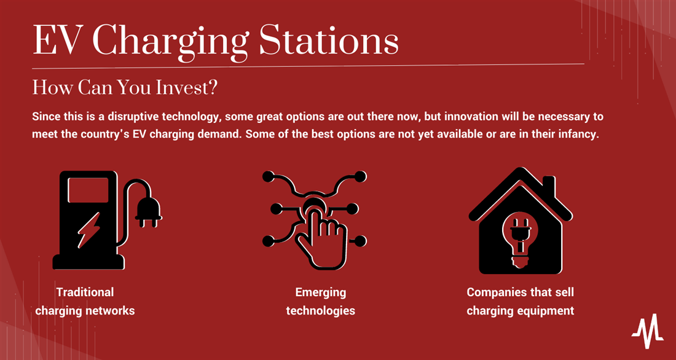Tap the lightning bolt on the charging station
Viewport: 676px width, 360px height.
point(89,230)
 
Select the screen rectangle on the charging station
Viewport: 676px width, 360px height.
point(88,190)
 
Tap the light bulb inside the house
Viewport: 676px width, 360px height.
point(520,235)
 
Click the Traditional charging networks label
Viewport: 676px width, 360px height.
point(85,302)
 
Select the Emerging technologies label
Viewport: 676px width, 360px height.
point(320,302)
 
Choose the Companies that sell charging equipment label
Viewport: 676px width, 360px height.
point(520,302)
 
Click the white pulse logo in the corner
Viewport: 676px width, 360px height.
point(648,331)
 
